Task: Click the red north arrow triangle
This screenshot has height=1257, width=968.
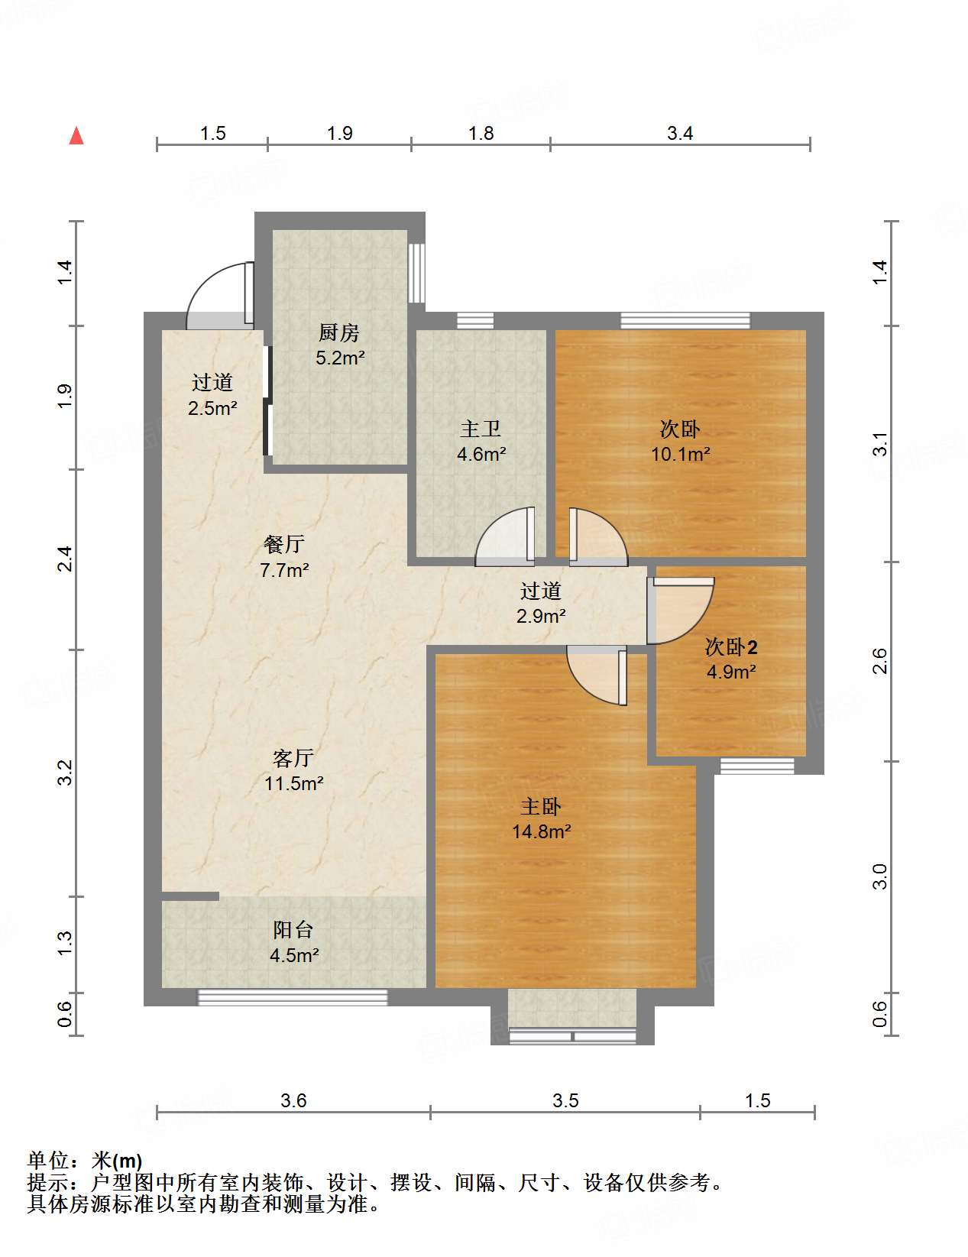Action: [x=76, y=136]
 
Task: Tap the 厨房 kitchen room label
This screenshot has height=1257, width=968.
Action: [x=339, y=333]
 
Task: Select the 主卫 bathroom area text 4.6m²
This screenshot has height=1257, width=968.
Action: [x=481, y=455]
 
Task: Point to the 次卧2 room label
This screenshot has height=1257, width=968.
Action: [x=730, y=647]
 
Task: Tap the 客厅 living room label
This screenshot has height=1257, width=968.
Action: [x=293, y=758]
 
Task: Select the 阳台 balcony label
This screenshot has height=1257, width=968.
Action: [x=293, y=930]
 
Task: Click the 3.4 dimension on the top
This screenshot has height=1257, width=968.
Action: [x=679, y=134]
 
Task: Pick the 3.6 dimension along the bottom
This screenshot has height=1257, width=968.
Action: [x=293, y=1100]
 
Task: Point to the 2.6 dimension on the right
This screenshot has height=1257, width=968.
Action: [x=879, y=660]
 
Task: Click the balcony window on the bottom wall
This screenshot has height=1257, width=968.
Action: [x=293, y=996]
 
